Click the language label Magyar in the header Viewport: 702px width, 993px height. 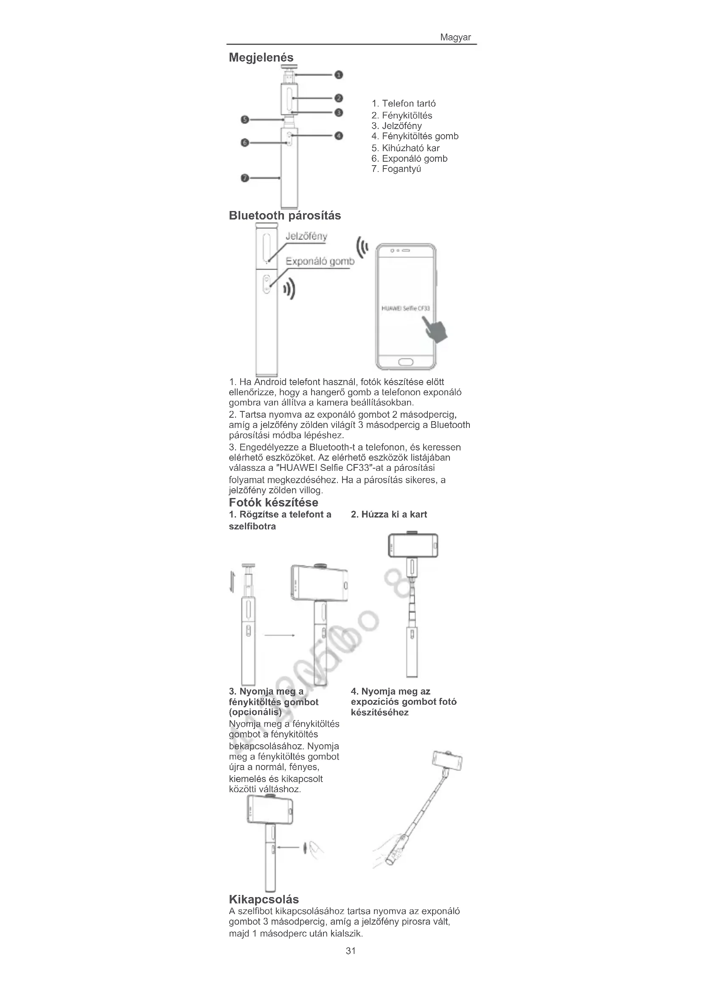tap(455, 37)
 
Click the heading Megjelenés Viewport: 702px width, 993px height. tap(261, 57)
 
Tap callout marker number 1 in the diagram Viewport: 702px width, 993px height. tap(339, 75)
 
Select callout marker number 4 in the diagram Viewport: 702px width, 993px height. tap(339, 136)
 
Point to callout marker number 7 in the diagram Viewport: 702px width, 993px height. tap(244, 178)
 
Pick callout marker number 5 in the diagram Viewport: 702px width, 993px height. tap(244, 119)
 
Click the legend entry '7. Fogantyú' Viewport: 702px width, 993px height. tap(396, 169)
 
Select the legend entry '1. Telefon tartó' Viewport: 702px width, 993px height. tap(404, 104)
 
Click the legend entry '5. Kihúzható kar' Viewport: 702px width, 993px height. tap(405, 148)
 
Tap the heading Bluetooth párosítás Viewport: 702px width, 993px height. tap(285, 216)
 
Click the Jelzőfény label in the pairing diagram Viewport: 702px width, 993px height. tap(306, 236)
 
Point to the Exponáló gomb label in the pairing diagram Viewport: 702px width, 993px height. tap(320, 262)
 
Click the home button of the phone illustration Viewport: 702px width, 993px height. tap(405, 362)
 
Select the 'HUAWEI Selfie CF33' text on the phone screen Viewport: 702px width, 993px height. tap(405, 308)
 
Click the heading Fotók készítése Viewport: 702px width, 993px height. tap(274, 503)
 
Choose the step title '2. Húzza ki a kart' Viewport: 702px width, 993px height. tap(389, 515)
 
